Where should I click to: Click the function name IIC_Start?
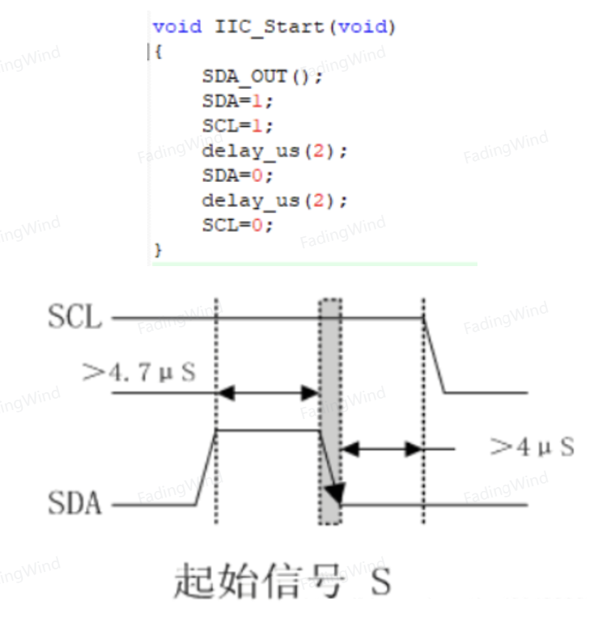pos(269,28)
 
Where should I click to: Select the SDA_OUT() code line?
pos(262,77)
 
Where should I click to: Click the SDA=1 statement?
pos(237,101)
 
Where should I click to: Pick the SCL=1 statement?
pos(237,126)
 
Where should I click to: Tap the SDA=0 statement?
pos(237,176)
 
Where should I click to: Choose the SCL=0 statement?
pos(237,226)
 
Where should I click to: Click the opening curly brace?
pos(158,52)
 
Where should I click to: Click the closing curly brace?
pos(158,250)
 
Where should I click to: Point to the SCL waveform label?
pos(74,316)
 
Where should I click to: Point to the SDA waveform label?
pos(74,503)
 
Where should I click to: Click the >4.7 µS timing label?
pos(138,371)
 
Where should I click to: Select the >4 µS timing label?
pos(532,447)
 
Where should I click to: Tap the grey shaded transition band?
pos(330,412)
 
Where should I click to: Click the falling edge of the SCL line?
pos(434,355)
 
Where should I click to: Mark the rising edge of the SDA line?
pos(206,468)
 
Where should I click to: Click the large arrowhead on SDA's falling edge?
pos(336,493)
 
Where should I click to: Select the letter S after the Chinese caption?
pos(381,581)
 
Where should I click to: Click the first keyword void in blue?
pos(177,28)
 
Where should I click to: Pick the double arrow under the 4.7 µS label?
pos(268,393)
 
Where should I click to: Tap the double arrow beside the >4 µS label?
pos(382,449)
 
